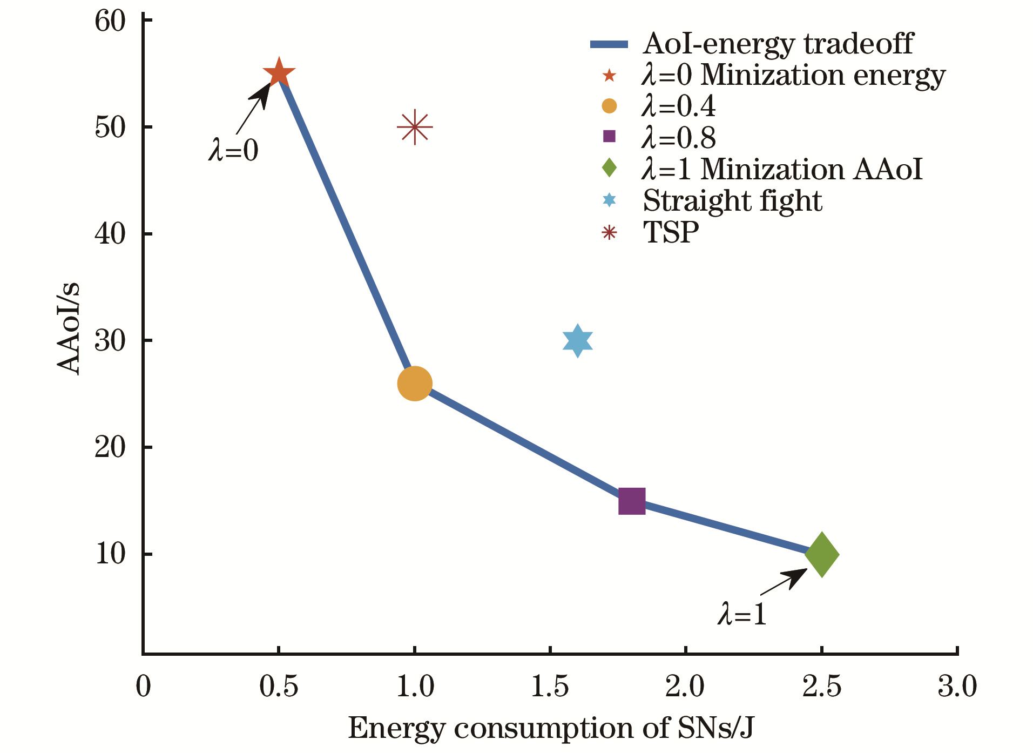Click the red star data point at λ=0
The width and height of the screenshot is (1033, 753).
[279, 73]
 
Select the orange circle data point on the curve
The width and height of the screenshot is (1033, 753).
[415, 384]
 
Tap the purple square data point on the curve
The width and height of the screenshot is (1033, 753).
[632, 501]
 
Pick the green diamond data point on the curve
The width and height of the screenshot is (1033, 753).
[822, 554]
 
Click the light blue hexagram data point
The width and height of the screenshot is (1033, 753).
[578, 341]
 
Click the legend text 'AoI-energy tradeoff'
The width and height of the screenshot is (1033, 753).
[778, 44]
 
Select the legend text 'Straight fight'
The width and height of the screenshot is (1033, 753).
[732, 201]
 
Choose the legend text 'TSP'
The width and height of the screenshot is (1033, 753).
[671, 233]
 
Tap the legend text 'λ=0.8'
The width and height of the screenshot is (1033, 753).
[679, 138]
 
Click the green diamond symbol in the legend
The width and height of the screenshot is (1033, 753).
[609, 168]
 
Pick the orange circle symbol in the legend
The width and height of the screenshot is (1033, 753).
[609, 106]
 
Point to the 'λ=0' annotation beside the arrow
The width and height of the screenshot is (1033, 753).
[233, 150]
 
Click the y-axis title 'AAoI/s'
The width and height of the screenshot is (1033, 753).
[69, 328]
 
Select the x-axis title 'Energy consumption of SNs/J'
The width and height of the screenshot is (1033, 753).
[551, 728]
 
